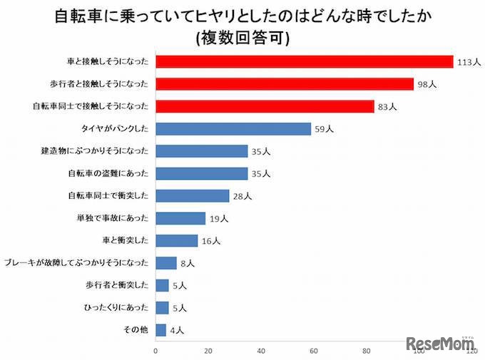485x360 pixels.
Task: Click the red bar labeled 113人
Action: pos(304,62)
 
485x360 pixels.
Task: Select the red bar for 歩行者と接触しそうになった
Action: pos(284,84)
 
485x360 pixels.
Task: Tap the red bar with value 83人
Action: pos(264,107)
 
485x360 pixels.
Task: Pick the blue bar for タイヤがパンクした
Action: pos(233,129)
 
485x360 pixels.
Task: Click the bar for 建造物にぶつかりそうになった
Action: pos(201,151)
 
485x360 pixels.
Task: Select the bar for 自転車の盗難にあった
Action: pos(201,173)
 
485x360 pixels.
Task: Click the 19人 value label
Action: pos(218,218)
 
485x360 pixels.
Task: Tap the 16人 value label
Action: pos(210,241)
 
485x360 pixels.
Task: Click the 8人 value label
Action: pos(187,263)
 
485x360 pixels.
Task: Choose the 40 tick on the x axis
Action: pos(261,351)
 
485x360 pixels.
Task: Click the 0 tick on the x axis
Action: pos(155,351)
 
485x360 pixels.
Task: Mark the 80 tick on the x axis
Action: pos(367,351)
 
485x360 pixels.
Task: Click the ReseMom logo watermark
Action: pos(440,344)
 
